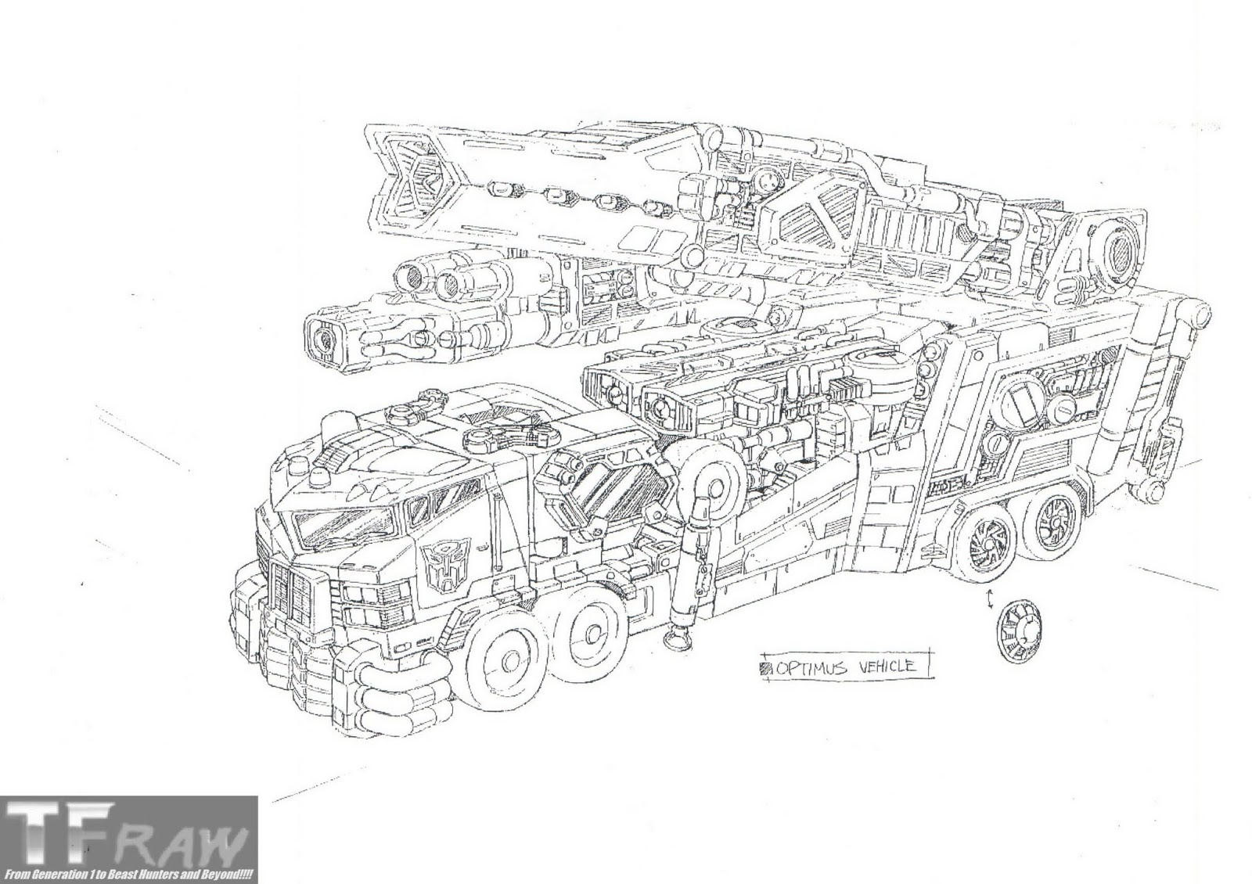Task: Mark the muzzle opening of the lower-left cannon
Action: coord(322,338)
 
